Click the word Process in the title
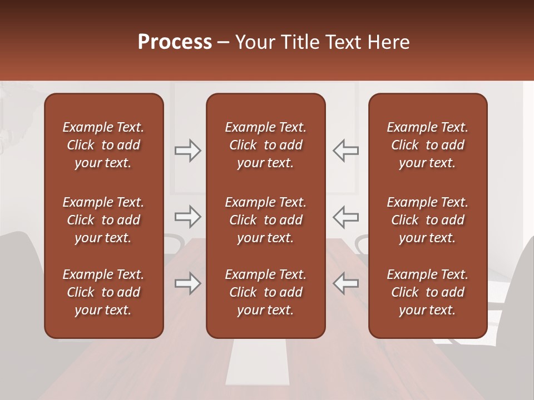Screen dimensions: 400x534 [x=175, y=42]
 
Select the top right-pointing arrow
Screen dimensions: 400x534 [x=187, y=151]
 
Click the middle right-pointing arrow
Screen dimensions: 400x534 [x=187, y=217]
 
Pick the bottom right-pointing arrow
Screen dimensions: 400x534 [x=187, y=283]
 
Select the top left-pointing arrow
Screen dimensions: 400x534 [x=346, y=151]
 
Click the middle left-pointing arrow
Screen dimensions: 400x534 [x=346, y=217]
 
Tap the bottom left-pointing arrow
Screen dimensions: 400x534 [x=346, y=283]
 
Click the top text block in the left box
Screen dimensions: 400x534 [x=103, y=145]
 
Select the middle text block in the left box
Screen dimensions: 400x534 [x=103, y=220]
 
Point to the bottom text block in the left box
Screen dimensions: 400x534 [x=103, y=292]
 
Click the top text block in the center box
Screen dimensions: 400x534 [x=265, y=145]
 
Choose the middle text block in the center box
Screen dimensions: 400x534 [x=265, y=220]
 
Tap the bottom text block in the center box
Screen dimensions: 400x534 [x=265, y=292]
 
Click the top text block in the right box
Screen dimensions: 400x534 [x=427, y=145]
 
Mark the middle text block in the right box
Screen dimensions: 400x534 [x=427, y=220]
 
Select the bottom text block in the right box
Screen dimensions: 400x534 [x=427, y=292]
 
